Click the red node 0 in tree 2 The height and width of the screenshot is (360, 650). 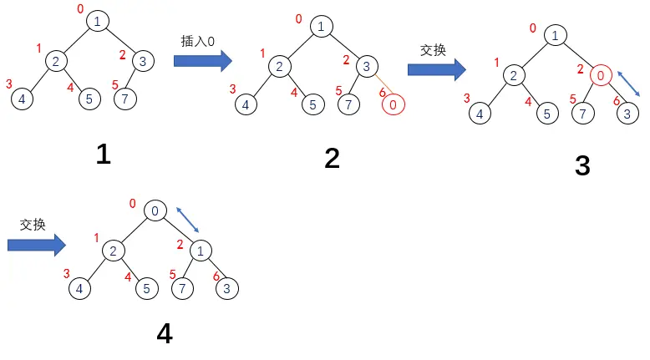pyautogui.click(x=394, y=104)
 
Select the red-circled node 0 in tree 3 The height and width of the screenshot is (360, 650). pyautogui.click(x=601, y=76)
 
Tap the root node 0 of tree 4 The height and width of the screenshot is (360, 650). pyautogui.click(x=155, y=211)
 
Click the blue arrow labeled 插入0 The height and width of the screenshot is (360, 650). pyautogui.click(x=202, y=60)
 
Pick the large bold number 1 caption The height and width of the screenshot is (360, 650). pyautogui.click(x=104, y=154)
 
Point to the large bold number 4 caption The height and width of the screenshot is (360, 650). pyautogui.click(x=165, y=333)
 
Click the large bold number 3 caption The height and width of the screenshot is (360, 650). pyautogui.click(x=582, y=165)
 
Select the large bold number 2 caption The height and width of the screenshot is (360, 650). pyautogui.click(x=333, y=158)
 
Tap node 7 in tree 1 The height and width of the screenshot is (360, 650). pyautogui.click(x=124, y=99)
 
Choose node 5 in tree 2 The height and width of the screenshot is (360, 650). pyautogui.click(x=312, y=104)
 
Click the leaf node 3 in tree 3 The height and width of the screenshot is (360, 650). pyautogui.click(x=627, y=113)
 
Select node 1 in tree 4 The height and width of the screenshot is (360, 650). pyautogui.click(x=201, y=250)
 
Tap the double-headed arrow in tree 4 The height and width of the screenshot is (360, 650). pyautogui.click(x=188, y=221)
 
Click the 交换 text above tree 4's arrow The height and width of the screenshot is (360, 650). pyautogui.click(x=33, y=225)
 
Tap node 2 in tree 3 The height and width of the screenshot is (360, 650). pyautogui.click(x=513, y=76)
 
